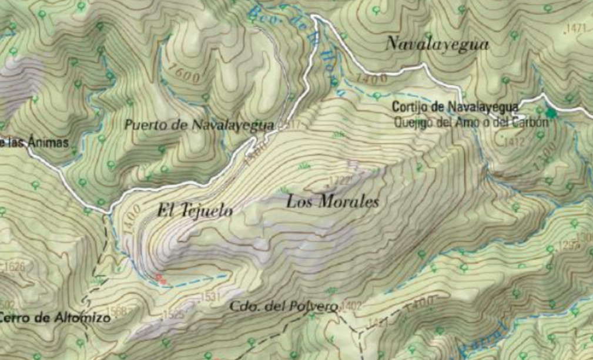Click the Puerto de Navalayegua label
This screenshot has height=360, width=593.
(x=200, y=125)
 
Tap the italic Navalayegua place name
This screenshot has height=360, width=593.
(x=438, y=44)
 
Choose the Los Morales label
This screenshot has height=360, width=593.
(x=332, y=203)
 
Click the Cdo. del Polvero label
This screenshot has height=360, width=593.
(x=284, y=306)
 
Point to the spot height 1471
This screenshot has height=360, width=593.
(x=578, y=28)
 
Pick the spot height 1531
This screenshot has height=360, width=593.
(x=210, y=297)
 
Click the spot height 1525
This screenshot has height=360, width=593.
(x=174, y=315)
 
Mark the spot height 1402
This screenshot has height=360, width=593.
(x=351, y=305)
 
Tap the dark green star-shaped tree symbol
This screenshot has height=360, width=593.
(x=551, y=112)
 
